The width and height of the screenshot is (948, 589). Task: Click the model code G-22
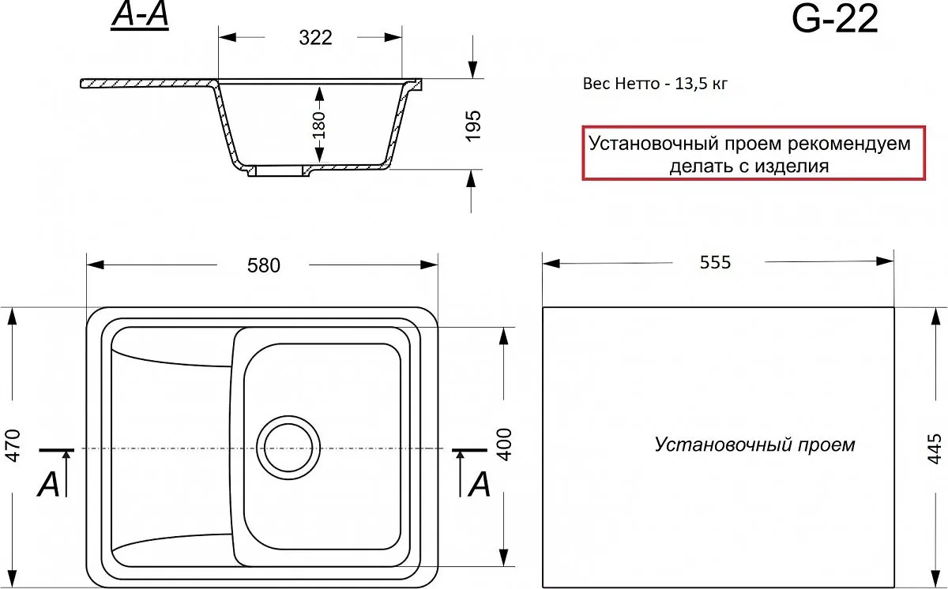pos(834,20)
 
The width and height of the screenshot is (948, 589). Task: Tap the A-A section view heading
pos(140,16)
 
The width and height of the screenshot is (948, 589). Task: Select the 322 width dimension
pos(315,38)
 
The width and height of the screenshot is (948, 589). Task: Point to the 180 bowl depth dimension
pos(318,126)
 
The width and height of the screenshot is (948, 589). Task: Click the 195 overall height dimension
pos(473,126)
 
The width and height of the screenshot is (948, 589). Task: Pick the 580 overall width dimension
pos(264,265)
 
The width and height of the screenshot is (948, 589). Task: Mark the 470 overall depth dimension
pos(13,445)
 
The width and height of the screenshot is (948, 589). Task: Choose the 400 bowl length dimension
pos(505,445)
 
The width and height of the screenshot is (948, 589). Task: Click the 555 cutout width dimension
pos(715,263)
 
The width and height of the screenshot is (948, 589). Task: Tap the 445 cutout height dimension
pos(934,448)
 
